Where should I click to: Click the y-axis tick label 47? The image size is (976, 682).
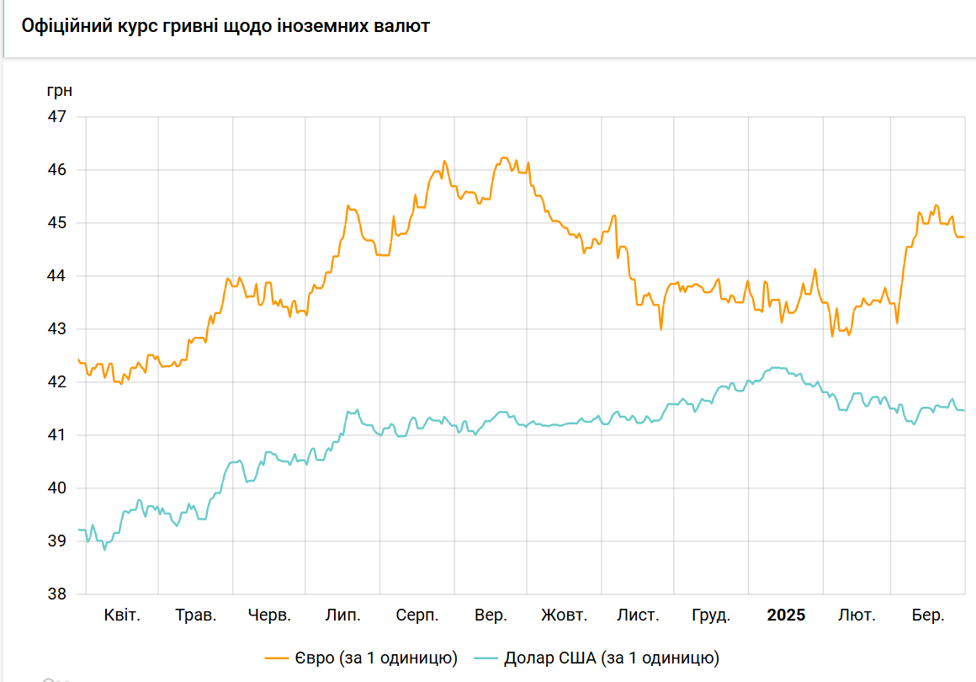56,116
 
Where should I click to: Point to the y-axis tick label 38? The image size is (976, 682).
56,594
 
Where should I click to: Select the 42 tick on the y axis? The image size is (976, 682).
56,381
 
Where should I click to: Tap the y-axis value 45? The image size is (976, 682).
56,223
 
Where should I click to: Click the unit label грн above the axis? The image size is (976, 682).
59,90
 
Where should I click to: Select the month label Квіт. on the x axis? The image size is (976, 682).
122,615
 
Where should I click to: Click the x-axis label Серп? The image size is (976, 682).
417,615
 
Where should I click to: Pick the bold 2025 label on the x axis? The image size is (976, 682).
786,615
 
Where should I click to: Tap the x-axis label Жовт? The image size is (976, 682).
564,615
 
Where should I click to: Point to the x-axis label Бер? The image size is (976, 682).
927,615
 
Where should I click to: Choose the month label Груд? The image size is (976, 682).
711,615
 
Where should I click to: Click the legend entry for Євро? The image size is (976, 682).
362,658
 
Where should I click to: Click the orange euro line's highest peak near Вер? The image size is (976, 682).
504,157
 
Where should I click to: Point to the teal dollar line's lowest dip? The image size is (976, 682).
104,550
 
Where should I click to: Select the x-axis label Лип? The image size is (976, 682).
343,615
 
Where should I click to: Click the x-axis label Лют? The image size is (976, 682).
857,615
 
